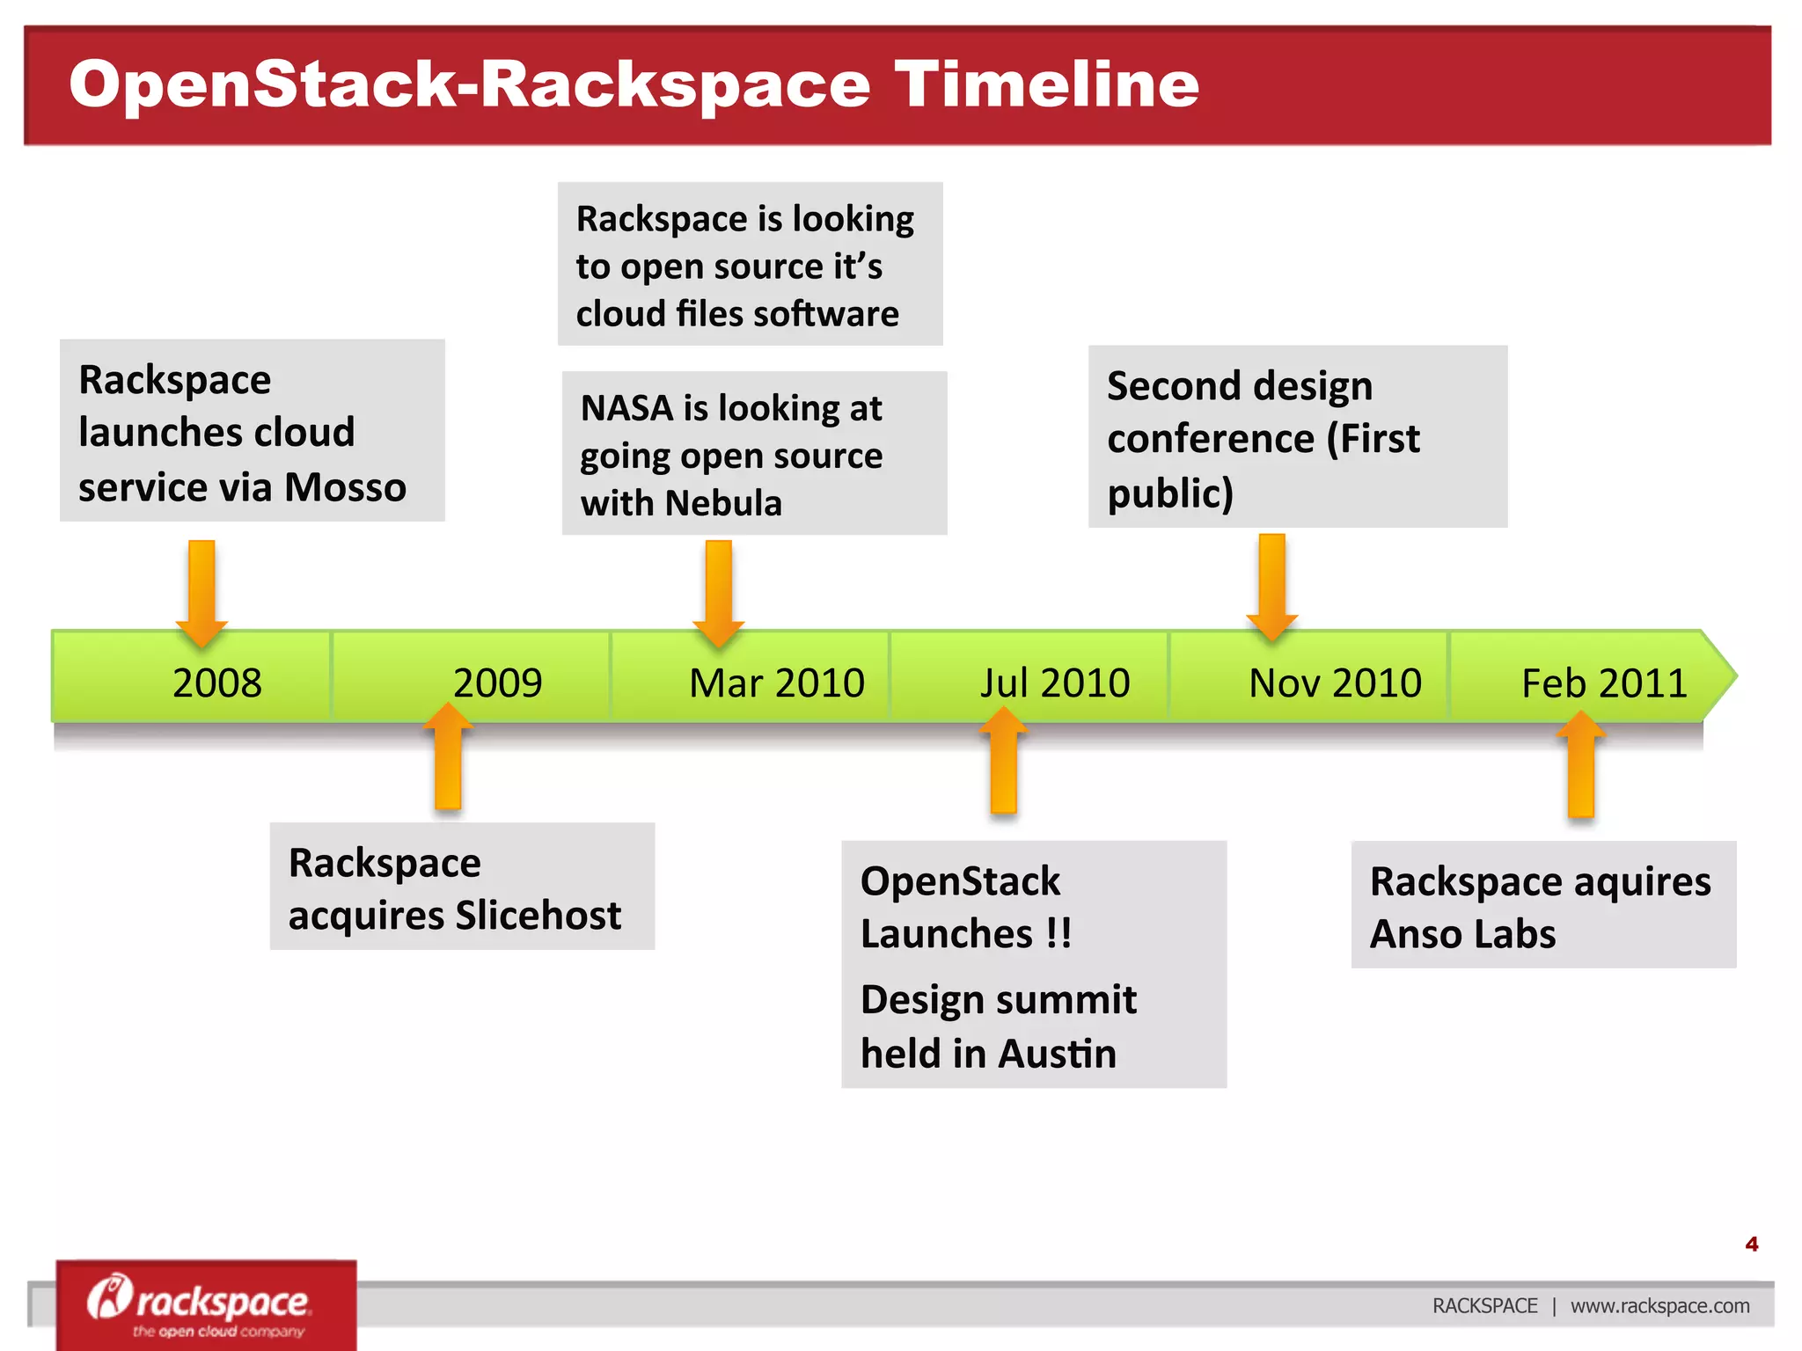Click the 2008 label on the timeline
pos(216,683)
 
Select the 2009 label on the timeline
pos(497,683)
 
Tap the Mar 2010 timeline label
pos(776,683)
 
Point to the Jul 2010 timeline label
pos(1055,683)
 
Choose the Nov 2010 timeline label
pos(1335,683)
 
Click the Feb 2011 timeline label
pos(1604,683)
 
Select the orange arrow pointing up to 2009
pos(448,757)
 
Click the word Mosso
pos(345,487)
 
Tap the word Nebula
pos(723,503)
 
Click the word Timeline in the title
pos(1046,84)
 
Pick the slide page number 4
pos(1751,1244)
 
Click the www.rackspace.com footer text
pos(1659,1306)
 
